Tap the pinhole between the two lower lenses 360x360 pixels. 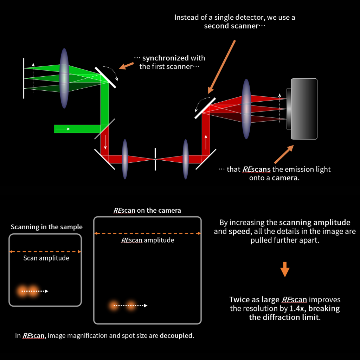(x=155, y=159)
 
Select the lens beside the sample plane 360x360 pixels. (x=64, y=78)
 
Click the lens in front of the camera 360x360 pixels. (x=246, y=105)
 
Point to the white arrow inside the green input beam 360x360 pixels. (x=63, y=129)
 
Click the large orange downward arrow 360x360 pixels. (x=285, y=269)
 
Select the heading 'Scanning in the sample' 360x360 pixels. (x=47, y=227)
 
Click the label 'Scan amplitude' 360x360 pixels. (x=46, y=258)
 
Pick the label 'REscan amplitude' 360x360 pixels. (x=148, y=240)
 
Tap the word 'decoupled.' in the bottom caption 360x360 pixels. (x=176, y=336)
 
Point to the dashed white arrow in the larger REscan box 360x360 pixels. (x=130, y=306)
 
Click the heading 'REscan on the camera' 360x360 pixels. (x=147, y=211)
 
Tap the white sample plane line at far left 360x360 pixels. (x=24, y=78)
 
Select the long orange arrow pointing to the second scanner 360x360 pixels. (x=222, y=66)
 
